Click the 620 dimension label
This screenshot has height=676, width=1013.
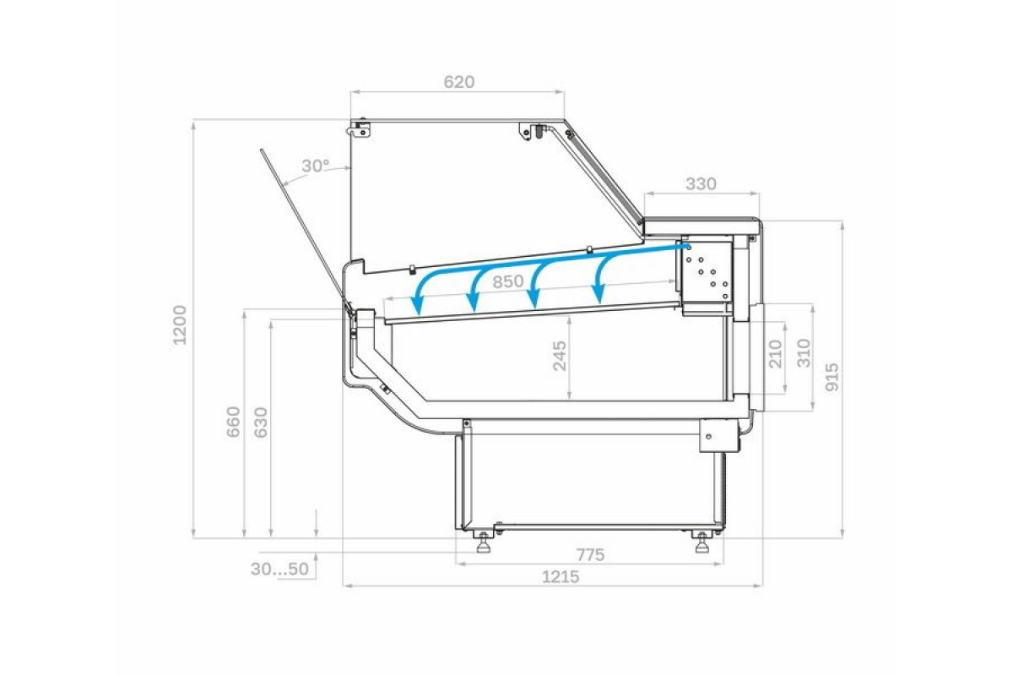point(459,82)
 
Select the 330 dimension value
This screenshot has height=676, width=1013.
point(701,183)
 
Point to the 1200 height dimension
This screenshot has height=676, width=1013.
point(179,324)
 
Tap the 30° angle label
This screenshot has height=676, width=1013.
point(316,166)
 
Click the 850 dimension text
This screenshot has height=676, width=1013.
point(508,282)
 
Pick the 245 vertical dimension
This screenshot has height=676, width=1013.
point(560,356)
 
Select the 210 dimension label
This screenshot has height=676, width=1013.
point(775,353)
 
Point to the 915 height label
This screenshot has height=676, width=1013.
point(832,377)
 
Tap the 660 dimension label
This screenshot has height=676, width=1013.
point(234,422)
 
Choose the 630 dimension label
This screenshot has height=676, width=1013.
point(261,422)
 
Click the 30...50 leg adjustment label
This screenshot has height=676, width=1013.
point(279,569)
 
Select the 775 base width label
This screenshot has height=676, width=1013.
point(591,555)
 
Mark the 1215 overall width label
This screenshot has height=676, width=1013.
point(561,577)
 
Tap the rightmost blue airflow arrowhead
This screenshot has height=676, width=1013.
point(599,295)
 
